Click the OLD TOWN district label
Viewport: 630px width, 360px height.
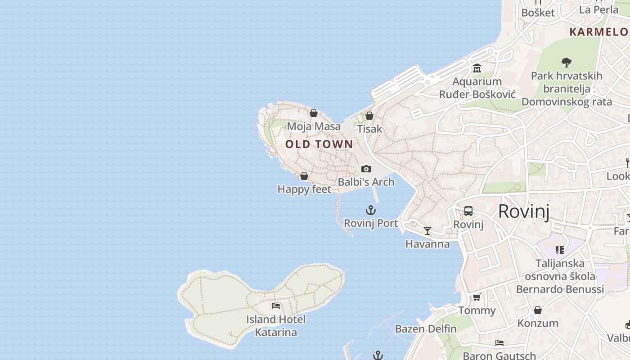click(319, 144)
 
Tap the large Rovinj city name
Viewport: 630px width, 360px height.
click(524, 211)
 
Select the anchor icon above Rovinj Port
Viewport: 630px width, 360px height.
click(370, 210)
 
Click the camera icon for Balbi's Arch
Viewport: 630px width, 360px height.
click(366, 169)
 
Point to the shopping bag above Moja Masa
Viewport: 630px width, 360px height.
click(314, 113)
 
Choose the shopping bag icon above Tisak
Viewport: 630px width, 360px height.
click(369, 116)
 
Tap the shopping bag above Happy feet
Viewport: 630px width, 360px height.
click(304, 176)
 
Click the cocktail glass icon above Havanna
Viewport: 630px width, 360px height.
click(427, 231)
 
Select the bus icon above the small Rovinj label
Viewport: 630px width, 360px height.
click(468, 211)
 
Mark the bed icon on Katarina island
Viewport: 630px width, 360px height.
click(276, 306)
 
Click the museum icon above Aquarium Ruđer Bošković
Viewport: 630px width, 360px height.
click(477, 68)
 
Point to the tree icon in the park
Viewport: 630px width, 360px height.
click(567, 62)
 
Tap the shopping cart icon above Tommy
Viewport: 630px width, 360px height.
click(477, 297)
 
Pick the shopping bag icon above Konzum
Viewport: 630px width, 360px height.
click(538, 310)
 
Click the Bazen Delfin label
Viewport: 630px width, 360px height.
click(426, 329)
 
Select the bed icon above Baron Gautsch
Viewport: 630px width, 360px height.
click(499, 343)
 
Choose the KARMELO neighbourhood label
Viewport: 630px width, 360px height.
click(598, 32)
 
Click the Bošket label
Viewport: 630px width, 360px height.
click(538, 13)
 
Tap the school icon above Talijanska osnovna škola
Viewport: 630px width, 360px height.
click(560, 250)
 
